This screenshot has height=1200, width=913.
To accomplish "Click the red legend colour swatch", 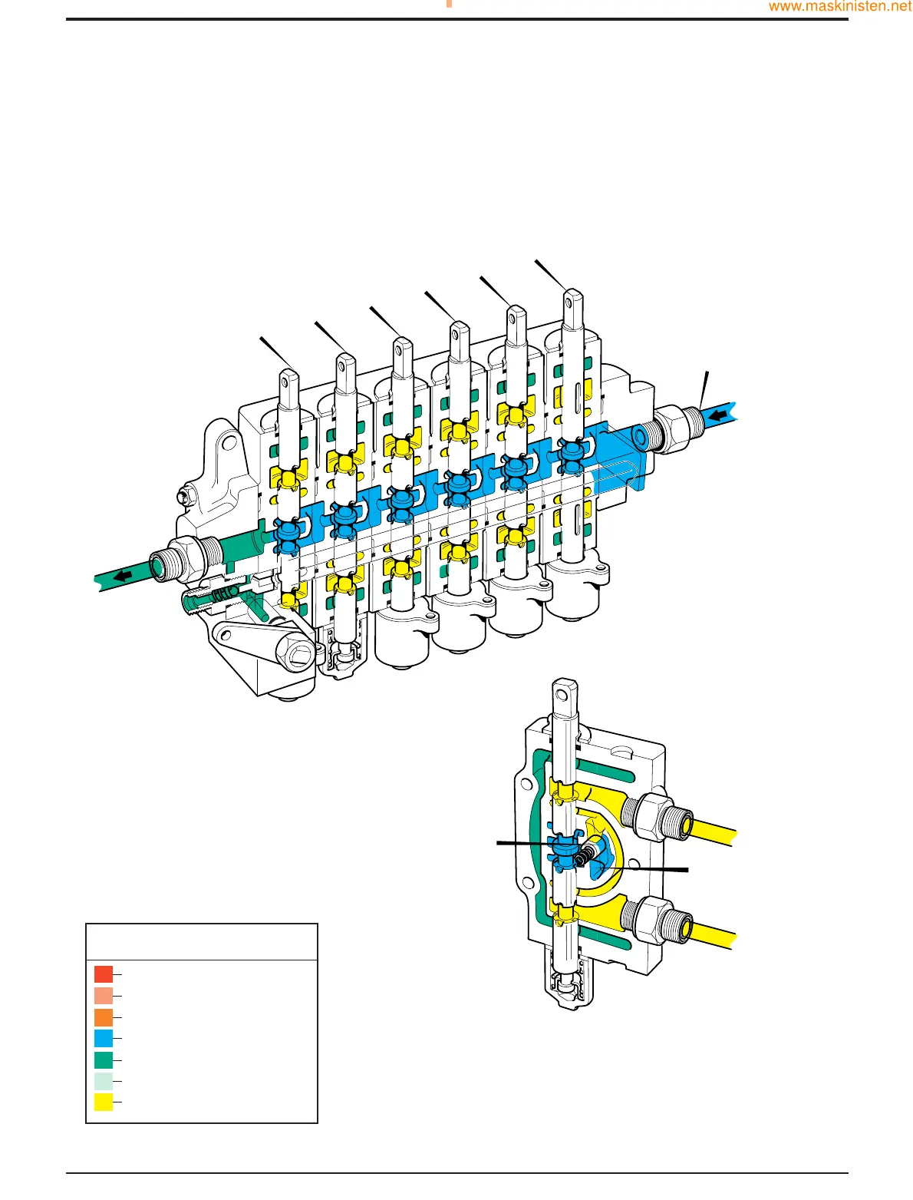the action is point(104,974).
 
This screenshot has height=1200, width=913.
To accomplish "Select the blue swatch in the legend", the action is point(104,1038).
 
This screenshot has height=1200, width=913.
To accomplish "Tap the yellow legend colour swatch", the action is point(104,1102).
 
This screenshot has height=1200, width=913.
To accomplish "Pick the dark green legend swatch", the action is point(104,1060).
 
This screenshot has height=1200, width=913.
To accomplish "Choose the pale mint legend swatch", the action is point(104,1081).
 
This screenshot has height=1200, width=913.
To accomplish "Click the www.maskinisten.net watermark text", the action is point(840,7).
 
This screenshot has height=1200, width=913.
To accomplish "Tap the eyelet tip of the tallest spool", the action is point(572,301).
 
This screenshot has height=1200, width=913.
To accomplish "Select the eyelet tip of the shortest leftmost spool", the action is point(289,381).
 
